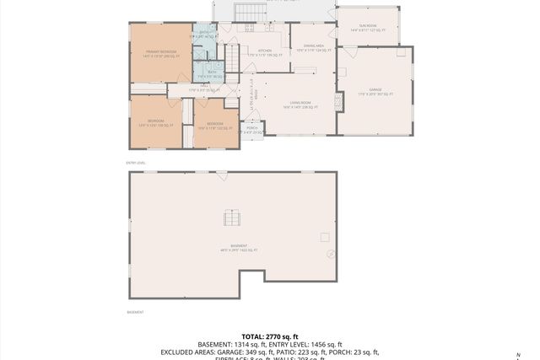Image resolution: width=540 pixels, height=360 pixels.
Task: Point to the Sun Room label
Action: [x=368, y=28]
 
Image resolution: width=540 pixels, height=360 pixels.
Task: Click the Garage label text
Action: [x=375, y=91]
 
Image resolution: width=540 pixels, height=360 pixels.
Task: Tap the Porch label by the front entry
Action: [x=251, y=130]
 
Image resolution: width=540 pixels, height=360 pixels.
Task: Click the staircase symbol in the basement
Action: [x=232, y=218]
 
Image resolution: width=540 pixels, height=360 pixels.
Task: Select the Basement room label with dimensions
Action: [x=233, y=249]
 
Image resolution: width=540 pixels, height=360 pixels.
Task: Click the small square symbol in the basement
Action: [x=325, y=238]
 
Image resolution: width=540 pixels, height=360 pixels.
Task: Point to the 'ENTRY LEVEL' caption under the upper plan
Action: [x=136, y=162]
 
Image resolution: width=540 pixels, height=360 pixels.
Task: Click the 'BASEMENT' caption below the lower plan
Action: [x=135, y=312]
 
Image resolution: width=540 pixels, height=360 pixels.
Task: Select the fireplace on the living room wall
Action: [x=339, y=100]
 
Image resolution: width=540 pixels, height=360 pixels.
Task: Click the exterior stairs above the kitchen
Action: [x=244, y=13]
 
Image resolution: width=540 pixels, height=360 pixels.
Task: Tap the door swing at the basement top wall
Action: [x=221, y=175]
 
